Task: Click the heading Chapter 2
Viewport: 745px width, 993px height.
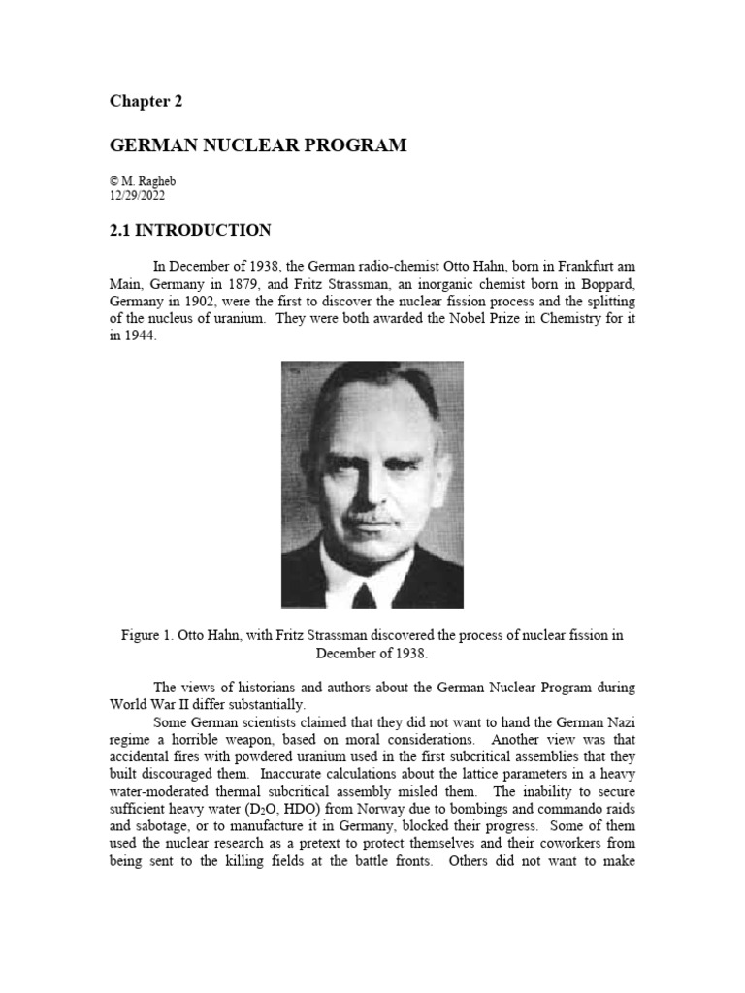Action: (146, 101)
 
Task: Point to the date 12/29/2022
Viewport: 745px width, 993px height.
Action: (138, 195)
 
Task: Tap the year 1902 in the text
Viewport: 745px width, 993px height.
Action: (210, 301)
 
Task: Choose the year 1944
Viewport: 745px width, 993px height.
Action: (139, 336)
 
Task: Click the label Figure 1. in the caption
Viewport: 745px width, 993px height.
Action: (150, 636)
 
